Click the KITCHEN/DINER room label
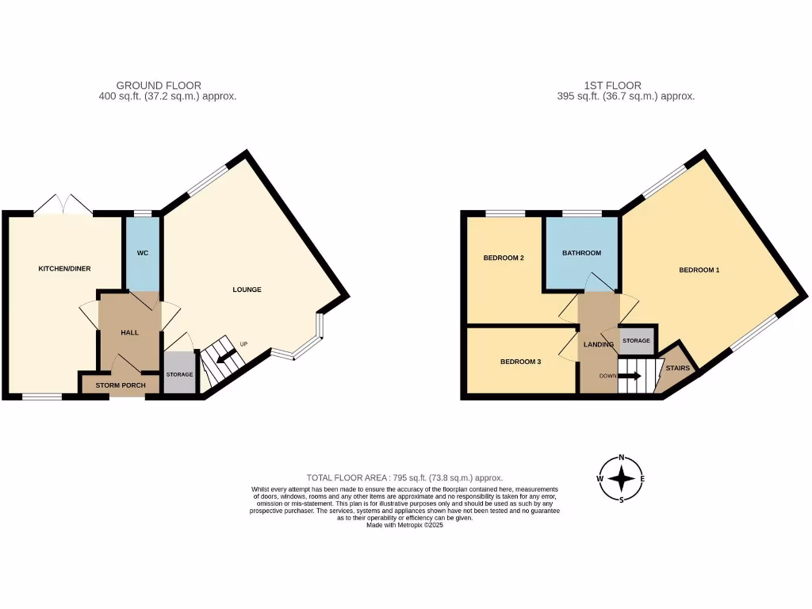click(64, 269)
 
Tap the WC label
click(143, 253)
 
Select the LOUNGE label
click(247, 289)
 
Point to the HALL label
click(129, 332)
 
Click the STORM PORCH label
click(120, 385)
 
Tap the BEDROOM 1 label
click(699, 270)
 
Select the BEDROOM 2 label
click(504, 258)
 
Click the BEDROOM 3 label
click(520, 362)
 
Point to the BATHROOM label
click(581, 253)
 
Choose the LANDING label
click(599, 345)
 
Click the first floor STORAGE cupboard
click(636, 340)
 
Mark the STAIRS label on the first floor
click(677, 369)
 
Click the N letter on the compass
click(622, 458)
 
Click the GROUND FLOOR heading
click(159, 85)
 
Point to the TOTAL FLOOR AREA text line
click(404, 477)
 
